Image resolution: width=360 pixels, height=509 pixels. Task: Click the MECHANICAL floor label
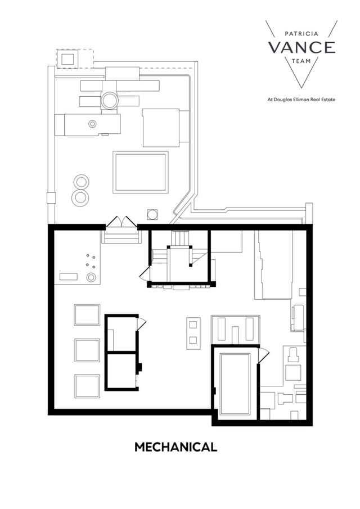pos(175,447)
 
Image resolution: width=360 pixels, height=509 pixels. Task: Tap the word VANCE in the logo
pos(301,47)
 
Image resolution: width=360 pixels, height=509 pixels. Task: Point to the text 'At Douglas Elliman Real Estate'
pos(301,100)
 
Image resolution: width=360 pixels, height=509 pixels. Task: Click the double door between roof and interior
pos(121,222)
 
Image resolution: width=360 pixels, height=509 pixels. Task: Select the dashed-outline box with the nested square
pos(68,58)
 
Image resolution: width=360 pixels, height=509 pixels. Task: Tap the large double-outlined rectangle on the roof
pos(141,172)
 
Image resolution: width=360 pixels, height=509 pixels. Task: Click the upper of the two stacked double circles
pos(81,182)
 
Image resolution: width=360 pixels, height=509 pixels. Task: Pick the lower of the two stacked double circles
pos(81,197)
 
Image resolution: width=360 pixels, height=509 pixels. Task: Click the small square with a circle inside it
pos(152,214)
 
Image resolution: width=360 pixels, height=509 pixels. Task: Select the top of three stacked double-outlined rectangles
pos(87,314)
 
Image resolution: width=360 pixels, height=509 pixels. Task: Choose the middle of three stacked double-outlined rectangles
pos(87,350)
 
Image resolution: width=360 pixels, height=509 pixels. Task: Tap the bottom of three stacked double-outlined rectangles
pos(87,386)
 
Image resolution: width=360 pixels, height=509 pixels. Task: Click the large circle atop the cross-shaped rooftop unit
pos(109,100)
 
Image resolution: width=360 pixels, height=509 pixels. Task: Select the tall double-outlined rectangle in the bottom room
pos(235,384)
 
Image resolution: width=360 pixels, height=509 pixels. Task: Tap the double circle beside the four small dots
pos(91,277)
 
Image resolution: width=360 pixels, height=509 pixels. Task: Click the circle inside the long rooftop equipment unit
pos(92,124)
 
